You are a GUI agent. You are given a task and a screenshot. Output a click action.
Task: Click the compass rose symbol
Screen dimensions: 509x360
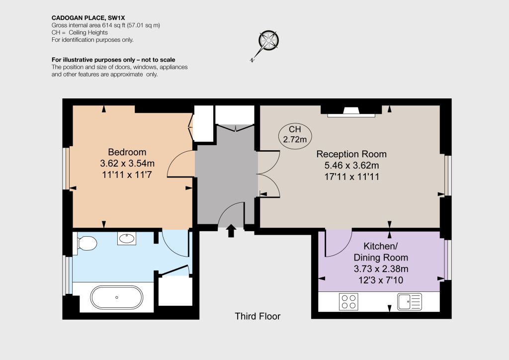(x=268, y=41)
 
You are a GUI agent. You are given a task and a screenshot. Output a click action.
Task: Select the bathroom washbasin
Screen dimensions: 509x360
(x=127, y=239)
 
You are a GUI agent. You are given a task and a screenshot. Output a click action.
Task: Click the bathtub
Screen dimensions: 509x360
(x=116, y=297)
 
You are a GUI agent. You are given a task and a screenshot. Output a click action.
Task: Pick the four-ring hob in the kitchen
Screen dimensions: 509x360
(x=348, y=301)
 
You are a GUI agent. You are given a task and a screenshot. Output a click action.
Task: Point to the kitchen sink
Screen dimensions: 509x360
(x=410, y=301)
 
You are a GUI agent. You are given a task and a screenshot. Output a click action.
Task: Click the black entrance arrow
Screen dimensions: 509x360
(x=231, y=231)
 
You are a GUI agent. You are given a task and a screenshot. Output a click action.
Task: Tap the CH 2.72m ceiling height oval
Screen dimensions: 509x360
(x=295, y=135)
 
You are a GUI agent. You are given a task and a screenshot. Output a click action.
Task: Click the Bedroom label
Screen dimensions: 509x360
(x=127, y=152)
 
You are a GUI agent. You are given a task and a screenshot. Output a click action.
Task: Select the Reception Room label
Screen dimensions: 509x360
(x=351, y=154)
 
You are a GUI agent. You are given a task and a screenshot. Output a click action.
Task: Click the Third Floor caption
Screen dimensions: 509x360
(x=258, y=316)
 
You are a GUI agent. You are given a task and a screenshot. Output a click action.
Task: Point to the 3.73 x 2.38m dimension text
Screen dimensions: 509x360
(x=381, y=269)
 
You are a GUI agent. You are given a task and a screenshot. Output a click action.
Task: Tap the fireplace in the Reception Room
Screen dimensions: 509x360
(x=351, y=111)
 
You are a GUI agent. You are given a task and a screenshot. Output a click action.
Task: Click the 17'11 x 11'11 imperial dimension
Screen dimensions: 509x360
(x=352, y=177)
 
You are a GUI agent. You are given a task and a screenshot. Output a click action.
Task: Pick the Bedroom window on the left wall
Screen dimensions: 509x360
(x=67, y=169)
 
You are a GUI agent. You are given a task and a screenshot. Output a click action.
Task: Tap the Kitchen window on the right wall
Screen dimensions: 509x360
(x=448, y=260)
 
